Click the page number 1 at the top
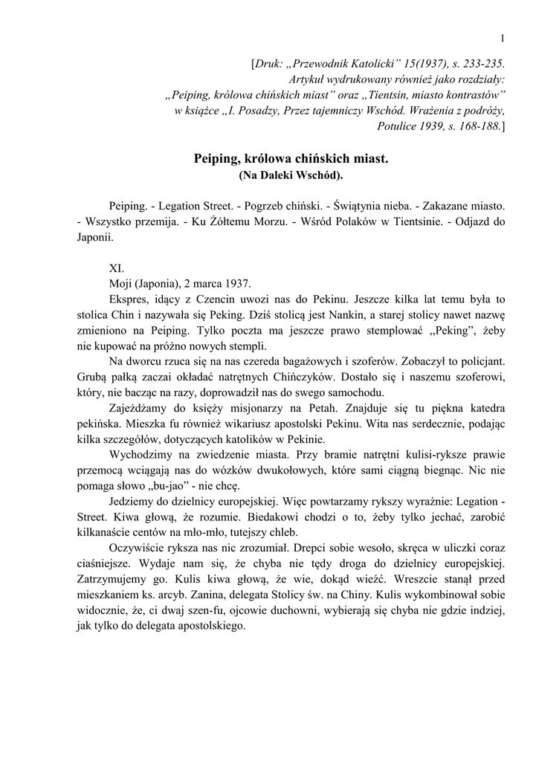click(503, 39)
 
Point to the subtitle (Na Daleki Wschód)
click(291, 175)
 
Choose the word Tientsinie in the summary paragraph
click(396, 221)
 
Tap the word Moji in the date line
click(120, 283)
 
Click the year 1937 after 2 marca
click(238, 283)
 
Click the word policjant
click(481, 361)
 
